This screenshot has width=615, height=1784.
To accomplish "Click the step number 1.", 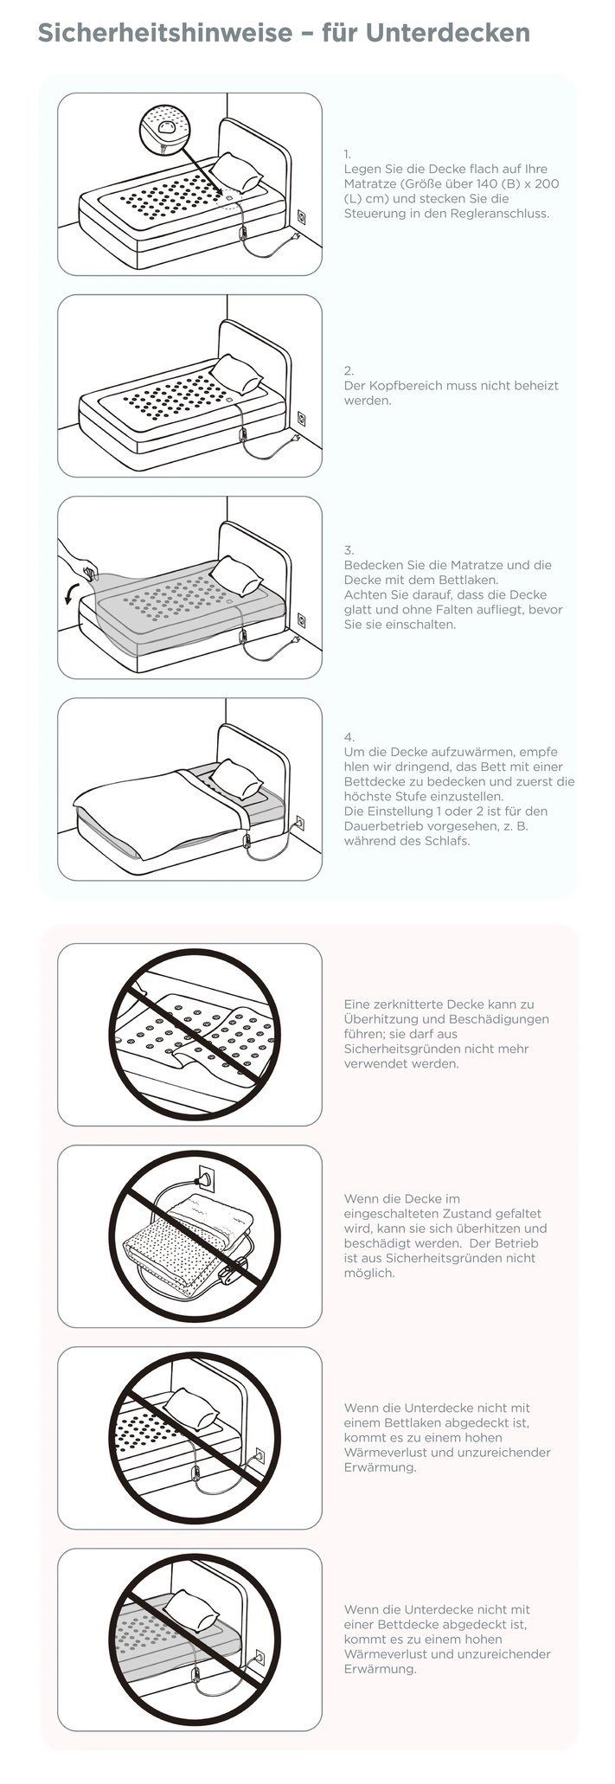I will coord(348,154).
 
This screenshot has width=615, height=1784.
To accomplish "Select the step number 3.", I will coord(349,550).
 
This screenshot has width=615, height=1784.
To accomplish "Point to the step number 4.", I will coord(349,737).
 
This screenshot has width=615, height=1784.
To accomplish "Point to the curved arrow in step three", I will coord(72,594).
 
